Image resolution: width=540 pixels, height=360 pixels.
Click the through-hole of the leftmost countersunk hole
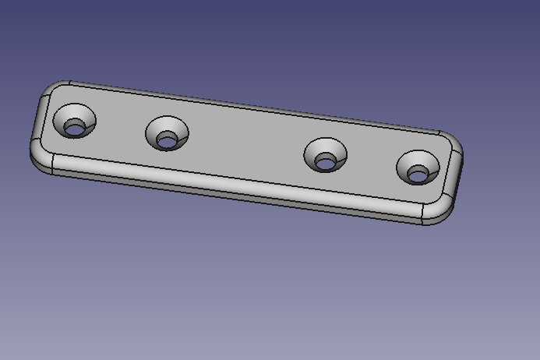tap(74, 129)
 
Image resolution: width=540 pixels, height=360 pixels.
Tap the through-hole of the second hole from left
tap(167, 141)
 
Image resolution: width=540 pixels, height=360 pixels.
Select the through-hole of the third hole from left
tap(325, 163)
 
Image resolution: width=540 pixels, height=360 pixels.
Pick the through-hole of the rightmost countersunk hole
tap(418, 175)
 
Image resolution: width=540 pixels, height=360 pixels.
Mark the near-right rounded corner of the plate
tap(437, 211)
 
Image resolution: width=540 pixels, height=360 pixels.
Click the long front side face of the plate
tap(234, 192)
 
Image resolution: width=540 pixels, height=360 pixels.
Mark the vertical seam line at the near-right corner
tap(422, 214)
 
